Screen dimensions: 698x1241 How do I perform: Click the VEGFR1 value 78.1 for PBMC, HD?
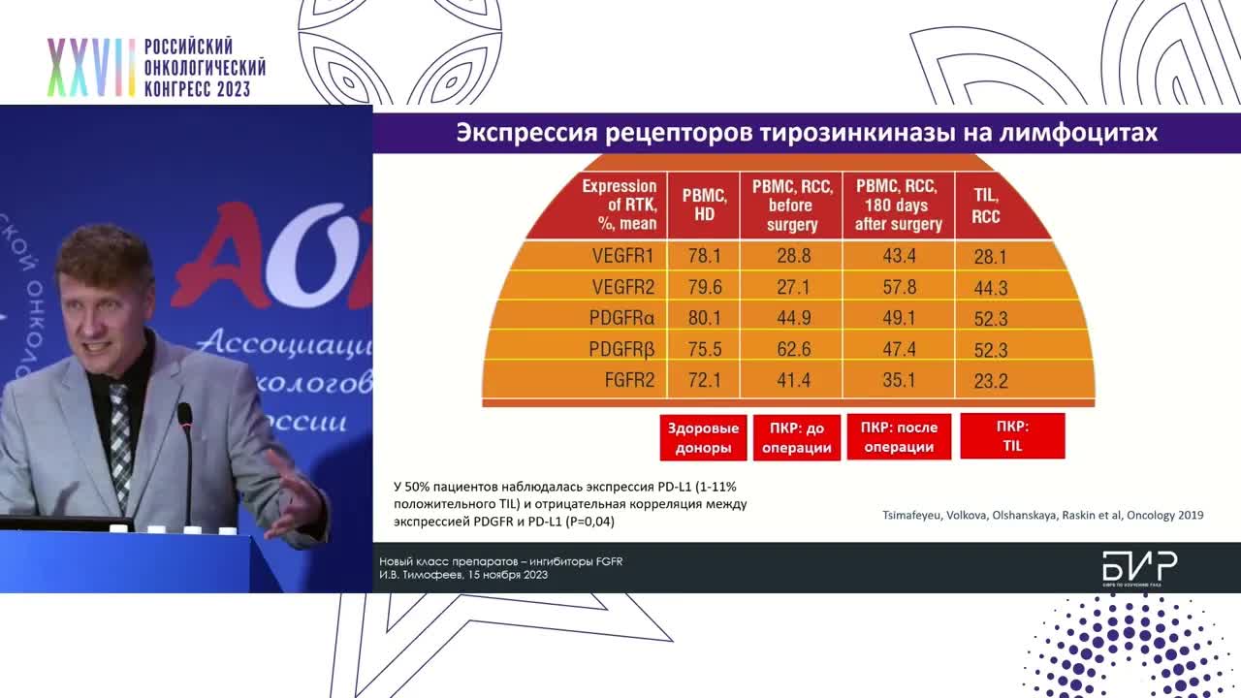point(704,257)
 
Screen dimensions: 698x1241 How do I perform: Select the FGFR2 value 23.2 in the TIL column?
point(990,381)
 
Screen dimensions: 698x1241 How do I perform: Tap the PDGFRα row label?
point(621,318)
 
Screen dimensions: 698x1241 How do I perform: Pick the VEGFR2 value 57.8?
point(898,288)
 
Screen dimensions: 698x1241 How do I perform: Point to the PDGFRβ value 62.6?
point(793,349)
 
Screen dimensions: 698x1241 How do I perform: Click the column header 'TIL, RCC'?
point(986,206)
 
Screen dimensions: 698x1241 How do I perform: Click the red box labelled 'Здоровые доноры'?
point(703,437)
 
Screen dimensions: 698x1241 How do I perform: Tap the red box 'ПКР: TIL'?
point(1012,436)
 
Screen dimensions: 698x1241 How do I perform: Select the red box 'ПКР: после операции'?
point(898,437)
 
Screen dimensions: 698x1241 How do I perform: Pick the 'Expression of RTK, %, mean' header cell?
point(619,206)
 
